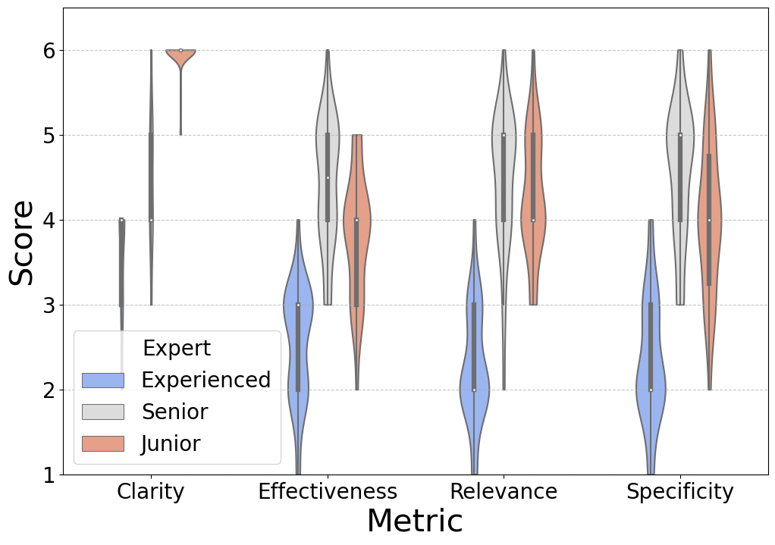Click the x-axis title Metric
click(x=414, y=522)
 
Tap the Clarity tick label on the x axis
click(x=150, y=492)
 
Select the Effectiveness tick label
click(x=327, y=492)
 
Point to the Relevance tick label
click(x=504, y=492)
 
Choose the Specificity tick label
click(x=679, y=492)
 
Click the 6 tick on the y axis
click(x=49, y=51)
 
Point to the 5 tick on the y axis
click(x=49, y=136)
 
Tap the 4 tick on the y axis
click(x=49, y=221)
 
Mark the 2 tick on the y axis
click(x=49, y=390)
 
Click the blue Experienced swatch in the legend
click(x=102, y=380)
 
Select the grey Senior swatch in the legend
click(x=102, y=412)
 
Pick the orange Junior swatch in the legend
click(x=102, y=443)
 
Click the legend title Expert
click(x=177, y=349)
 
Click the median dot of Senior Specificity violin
click(x=680, y=136)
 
